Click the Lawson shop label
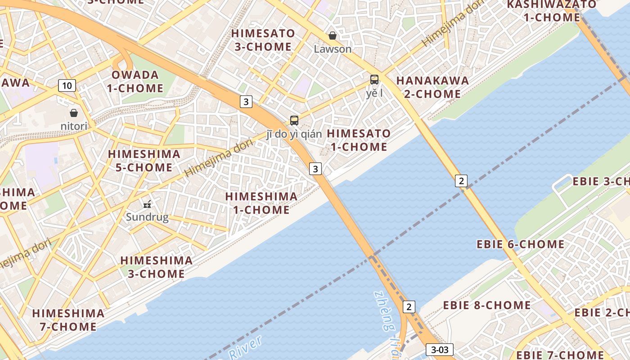[333, 49]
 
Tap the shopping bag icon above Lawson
[333, 36]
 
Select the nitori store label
[74, 126]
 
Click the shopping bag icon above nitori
[74, 113]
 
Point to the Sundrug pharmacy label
[147, 217]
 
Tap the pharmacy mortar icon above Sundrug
[147, 204]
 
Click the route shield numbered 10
[67, 85]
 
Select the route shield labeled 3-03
[439, 350]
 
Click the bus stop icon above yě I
[374, 80]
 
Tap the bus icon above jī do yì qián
[294, 121]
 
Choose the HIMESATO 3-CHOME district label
[263, 40]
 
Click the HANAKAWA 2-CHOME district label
[432, 87]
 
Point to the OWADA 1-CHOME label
[135, 81]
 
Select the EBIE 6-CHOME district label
[520, 244]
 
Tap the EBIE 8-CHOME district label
[487, 305]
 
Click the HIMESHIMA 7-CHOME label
[68, 320]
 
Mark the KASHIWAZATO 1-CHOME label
[552, 11]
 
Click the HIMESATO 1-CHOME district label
[359, 140]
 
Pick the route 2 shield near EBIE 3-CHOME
[461, 181]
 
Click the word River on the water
[245, 347]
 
